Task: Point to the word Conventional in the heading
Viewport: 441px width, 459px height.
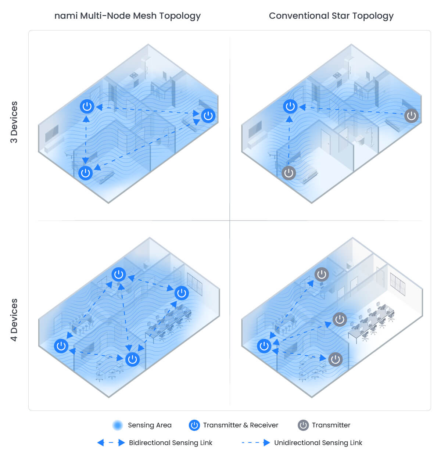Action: (299, 16)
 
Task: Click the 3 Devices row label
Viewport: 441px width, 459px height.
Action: (14, 122)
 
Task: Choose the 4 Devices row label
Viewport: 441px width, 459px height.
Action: (14, 320)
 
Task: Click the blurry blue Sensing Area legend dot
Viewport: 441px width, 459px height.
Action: (118, 425)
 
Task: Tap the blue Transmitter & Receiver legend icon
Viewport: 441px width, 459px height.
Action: (194, 425)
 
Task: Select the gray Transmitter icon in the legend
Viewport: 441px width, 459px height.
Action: (303, 425)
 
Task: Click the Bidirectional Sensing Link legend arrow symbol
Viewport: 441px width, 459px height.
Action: (111, 443)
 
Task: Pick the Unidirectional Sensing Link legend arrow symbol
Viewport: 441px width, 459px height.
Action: (256, 443)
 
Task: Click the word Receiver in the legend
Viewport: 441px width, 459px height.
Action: (264, 425)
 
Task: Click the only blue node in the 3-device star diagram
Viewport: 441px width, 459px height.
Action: (290, 107)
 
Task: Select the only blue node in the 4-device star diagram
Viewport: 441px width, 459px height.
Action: (264, 346)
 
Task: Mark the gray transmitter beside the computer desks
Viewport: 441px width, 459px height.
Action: (340, 319)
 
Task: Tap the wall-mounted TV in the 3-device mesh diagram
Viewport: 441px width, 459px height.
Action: (52, 132)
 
